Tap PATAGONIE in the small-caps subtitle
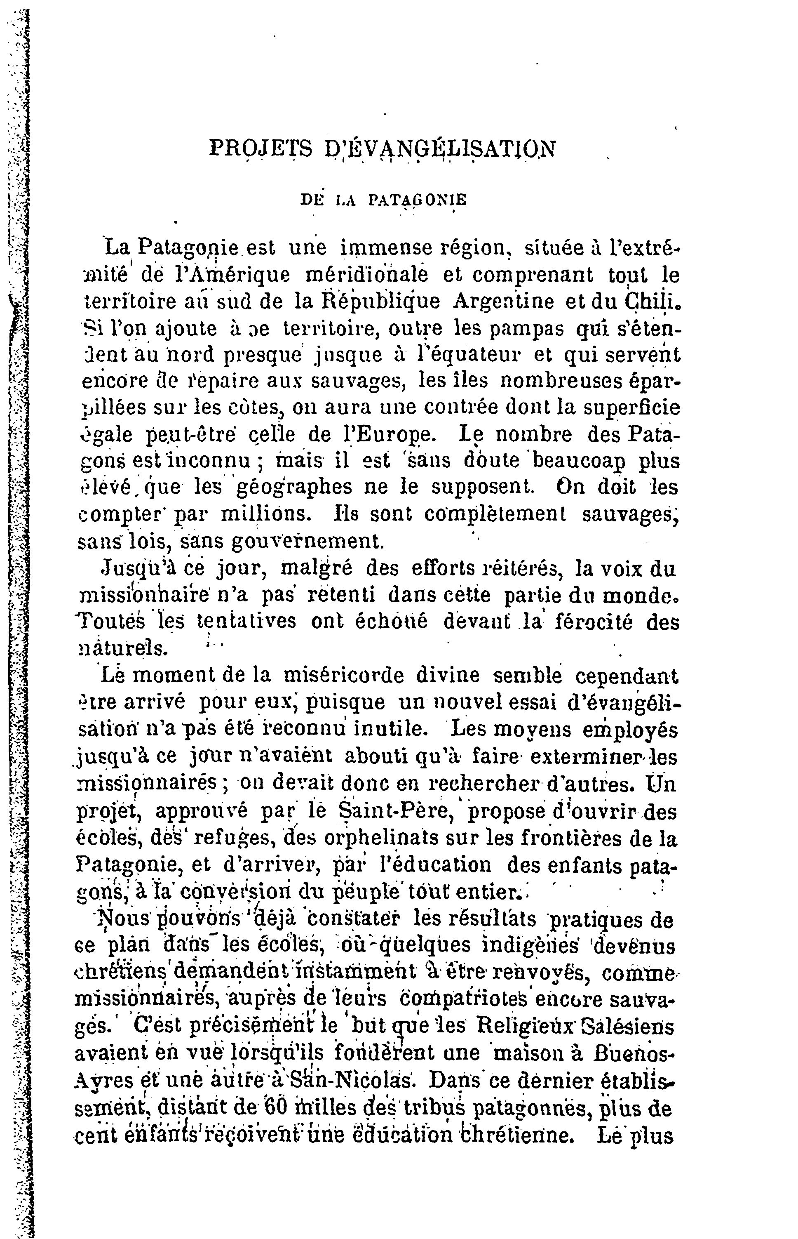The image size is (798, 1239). click(418, 200)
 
